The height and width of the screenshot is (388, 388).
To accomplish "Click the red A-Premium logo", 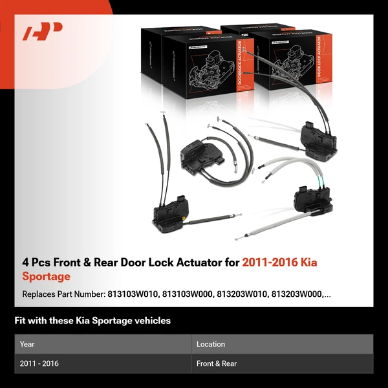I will pyautogui.click(x=43, y=32).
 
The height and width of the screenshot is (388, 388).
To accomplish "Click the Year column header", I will pyautogui.click(x=27, y=344).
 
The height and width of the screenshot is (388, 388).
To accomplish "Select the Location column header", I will pyautogui.click(x=211, y=344).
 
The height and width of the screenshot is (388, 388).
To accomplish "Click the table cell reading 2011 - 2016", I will pyautogui.click(x=39, y=363).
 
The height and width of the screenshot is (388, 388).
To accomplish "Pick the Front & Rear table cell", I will pyautogui.click(x=217, y=363).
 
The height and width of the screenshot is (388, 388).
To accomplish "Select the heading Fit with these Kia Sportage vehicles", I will pyautogui.click(x=92, y=321).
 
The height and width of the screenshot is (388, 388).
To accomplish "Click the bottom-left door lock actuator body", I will pyautogui.click(x=169, y=213).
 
